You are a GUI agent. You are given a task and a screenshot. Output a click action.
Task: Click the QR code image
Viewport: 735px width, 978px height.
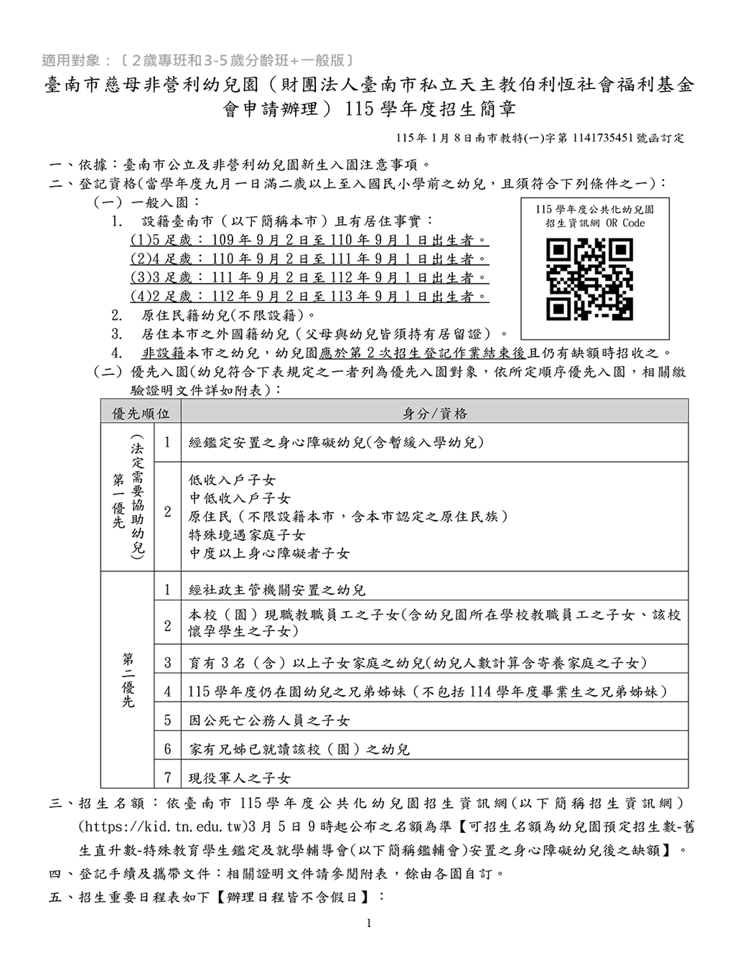click(589, 280)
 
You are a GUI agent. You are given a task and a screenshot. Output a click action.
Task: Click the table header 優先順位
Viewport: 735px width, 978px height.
click(141, 413)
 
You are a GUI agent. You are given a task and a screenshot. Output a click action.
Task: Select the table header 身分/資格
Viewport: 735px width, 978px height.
click(434, 413)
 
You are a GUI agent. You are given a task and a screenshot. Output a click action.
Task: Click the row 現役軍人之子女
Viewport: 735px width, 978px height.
click(240, 778)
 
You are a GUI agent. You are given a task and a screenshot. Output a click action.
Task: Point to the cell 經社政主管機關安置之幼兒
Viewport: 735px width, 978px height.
click(277, 590)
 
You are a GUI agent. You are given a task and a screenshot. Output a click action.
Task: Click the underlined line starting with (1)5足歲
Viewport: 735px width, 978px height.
click(309, 240)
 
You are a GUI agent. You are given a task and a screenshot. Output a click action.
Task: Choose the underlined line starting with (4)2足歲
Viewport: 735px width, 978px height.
click(309, 296)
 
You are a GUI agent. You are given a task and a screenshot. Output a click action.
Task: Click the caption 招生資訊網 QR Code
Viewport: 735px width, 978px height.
click(594, 223)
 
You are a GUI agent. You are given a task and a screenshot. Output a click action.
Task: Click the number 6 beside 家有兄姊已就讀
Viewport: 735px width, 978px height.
click(167, 749)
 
